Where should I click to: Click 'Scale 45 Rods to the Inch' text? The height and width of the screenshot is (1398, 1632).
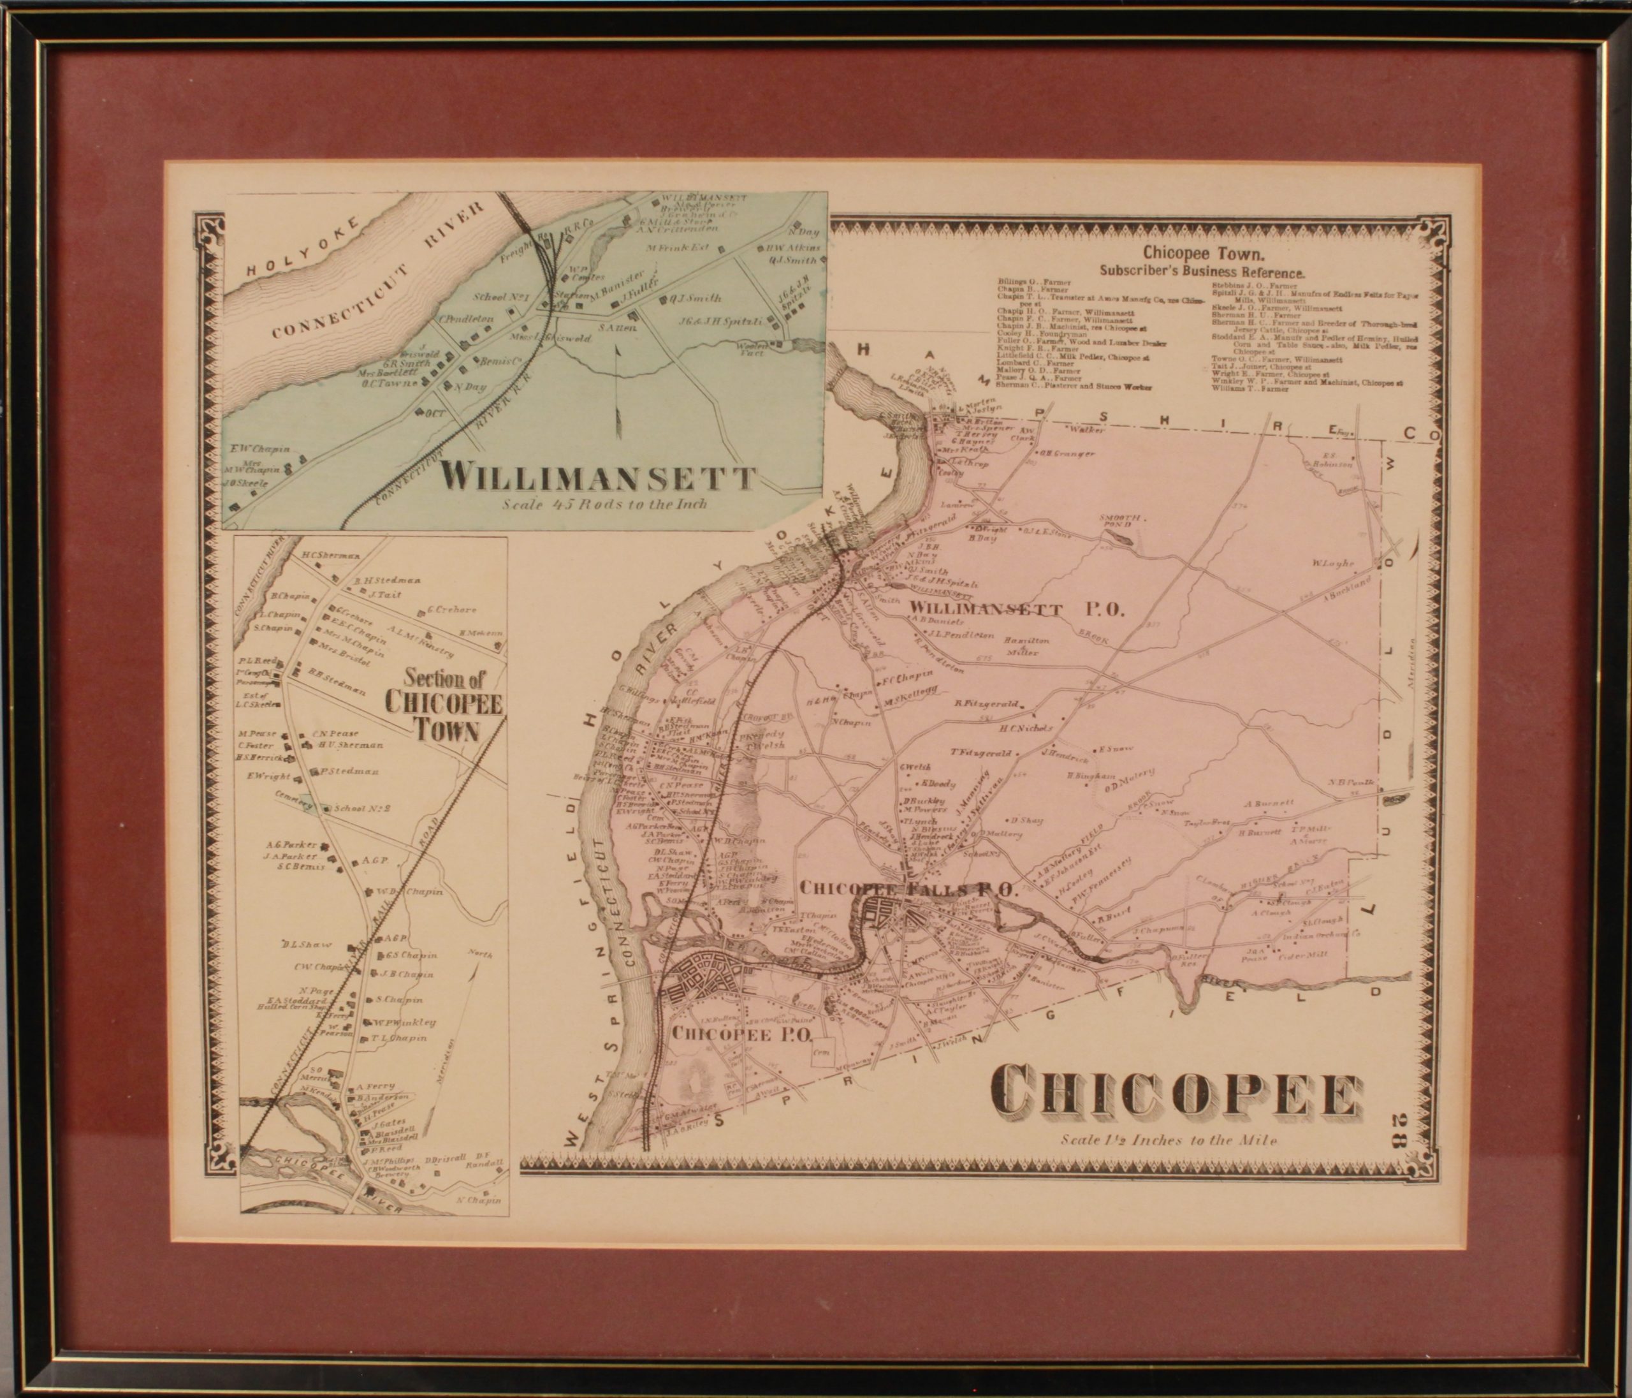(x=605, y=504)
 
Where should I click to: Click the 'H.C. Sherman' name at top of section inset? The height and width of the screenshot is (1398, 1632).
(x=331, y=555)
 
